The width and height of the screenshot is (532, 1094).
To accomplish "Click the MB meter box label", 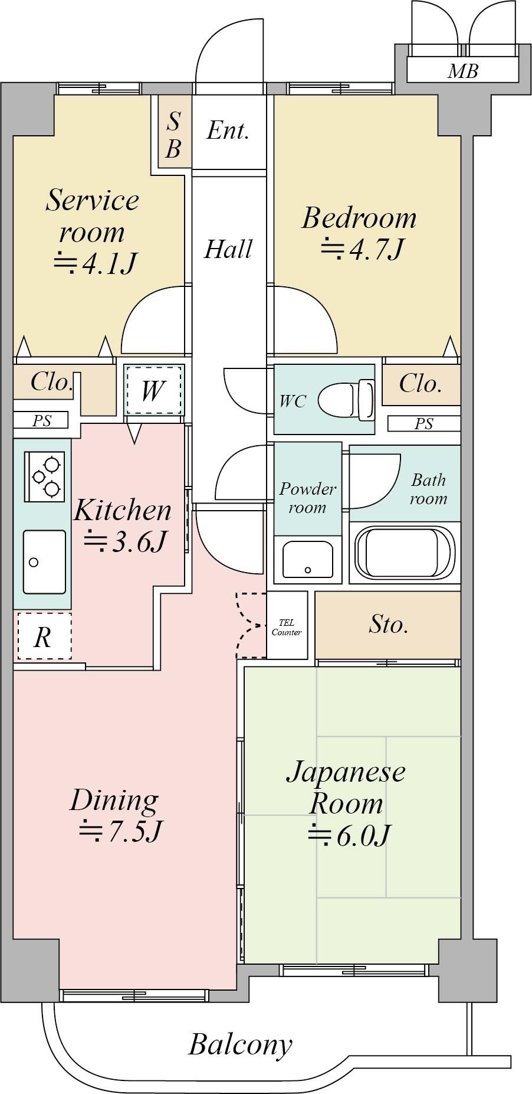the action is tap(462, 71).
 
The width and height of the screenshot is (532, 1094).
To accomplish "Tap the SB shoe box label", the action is tap(173, 135).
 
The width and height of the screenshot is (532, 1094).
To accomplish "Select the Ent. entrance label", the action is tap(228, 130).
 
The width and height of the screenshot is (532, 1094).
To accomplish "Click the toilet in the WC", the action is tap(346, 400).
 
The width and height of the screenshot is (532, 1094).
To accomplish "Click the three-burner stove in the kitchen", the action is tap(44, 476).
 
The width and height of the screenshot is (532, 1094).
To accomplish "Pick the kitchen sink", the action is tap(44, 561).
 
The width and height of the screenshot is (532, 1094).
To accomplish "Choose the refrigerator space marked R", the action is tap(43, 636).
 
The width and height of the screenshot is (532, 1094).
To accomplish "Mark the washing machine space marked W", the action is tap(153, 390).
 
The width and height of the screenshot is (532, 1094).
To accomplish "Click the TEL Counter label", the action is tap(287, 628).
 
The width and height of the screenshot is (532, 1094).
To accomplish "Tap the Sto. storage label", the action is tap(388, 624).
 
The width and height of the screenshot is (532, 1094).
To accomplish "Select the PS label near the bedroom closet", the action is tap(423, 423).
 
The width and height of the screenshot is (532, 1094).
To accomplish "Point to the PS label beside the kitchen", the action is tap(41, 420).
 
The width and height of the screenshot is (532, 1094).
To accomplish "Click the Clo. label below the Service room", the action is tap(52, 383).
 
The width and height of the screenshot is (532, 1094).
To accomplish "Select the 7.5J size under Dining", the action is tap(121, 831).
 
